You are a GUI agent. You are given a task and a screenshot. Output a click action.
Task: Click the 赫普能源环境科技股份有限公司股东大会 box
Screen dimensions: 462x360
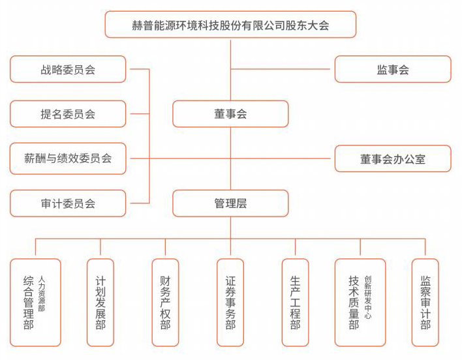pos(230,24)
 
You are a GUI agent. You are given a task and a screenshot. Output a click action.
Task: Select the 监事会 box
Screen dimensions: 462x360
pos(393,69)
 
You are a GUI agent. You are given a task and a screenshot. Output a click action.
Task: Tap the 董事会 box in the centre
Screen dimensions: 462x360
pos(230,114)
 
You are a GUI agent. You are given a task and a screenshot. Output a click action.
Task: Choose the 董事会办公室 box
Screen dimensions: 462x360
pos(393,158)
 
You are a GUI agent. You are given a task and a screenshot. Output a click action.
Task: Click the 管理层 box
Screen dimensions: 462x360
pos(230,203)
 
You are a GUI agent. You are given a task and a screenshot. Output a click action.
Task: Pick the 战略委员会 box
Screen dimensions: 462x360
pos(68,69)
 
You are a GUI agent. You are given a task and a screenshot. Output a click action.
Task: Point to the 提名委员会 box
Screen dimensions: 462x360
pos(68,114)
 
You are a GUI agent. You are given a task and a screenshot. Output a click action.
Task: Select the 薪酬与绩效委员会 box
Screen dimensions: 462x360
pos(68,158)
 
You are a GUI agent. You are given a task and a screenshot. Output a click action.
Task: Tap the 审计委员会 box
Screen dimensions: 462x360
pos(68,203)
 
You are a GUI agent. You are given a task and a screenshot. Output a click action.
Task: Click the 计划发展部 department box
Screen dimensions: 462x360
pos(100,303)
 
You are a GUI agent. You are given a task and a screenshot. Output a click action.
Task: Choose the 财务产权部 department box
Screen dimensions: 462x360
pos(165,303)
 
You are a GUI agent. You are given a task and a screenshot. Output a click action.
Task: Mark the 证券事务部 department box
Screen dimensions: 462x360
pos(230,303)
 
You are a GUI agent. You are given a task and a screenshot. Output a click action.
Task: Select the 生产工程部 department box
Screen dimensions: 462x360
pos(295,303)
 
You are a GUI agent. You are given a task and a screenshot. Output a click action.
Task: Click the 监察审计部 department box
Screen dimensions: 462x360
pos(425,303)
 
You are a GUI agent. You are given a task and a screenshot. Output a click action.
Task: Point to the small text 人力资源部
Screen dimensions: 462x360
pos(42,293)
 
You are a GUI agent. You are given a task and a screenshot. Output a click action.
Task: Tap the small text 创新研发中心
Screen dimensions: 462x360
pos(368,297)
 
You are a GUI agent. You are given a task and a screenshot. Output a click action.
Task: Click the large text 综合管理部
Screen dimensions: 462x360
pos(28,303)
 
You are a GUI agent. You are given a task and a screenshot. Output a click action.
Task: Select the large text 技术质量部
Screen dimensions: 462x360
pos(354,303)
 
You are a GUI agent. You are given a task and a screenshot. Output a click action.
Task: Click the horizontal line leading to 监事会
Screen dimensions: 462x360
pos(280,69)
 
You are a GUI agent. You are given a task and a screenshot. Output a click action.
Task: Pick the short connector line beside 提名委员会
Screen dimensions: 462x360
pos(140,114)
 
